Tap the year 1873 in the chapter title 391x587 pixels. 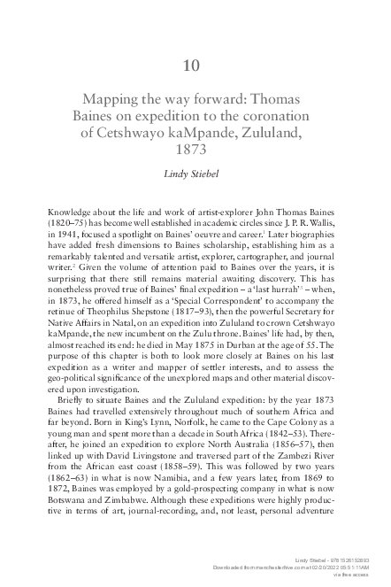click(x=195, y=151)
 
